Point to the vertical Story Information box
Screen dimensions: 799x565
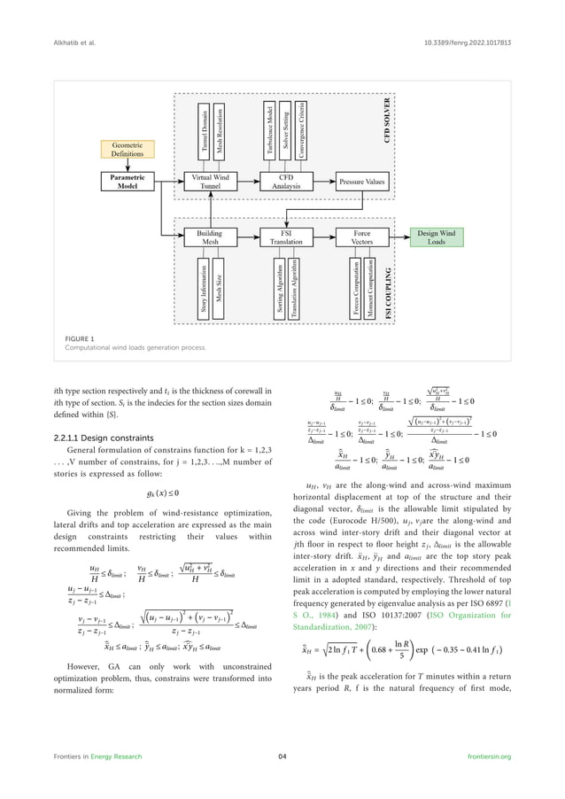(x=203, y=289)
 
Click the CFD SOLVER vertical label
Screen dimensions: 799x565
(x=386, y=120)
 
